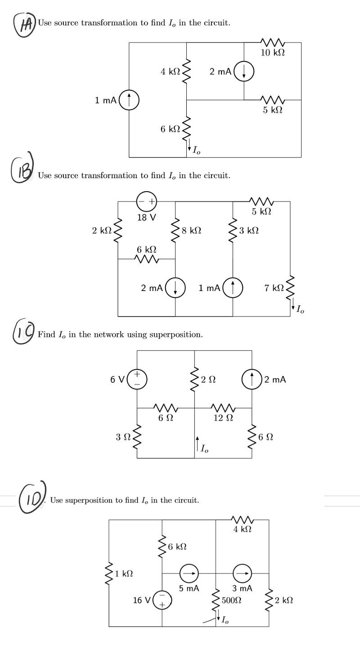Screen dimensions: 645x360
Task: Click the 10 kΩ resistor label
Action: coord(273,53)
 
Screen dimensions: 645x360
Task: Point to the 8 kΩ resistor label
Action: coord(191,230)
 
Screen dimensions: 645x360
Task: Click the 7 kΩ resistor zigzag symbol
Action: coord(290,287)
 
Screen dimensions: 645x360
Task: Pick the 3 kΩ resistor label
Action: coord(249,230)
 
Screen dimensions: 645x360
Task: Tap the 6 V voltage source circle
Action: coord(137,379)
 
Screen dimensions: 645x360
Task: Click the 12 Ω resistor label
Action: coord(223,418)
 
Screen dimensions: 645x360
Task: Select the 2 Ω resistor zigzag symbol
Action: coord(195,379)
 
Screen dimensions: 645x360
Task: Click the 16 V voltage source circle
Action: coord(162,600)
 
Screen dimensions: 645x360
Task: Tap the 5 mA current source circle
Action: coord(189,573)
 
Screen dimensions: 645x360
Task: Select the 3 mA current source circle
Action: coord(242,573)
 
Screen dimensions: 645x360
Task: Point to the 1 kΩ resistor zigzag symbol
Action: coord(109,573)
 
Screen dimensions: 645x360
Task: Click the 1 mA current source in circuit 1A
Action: coord(129,100)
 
